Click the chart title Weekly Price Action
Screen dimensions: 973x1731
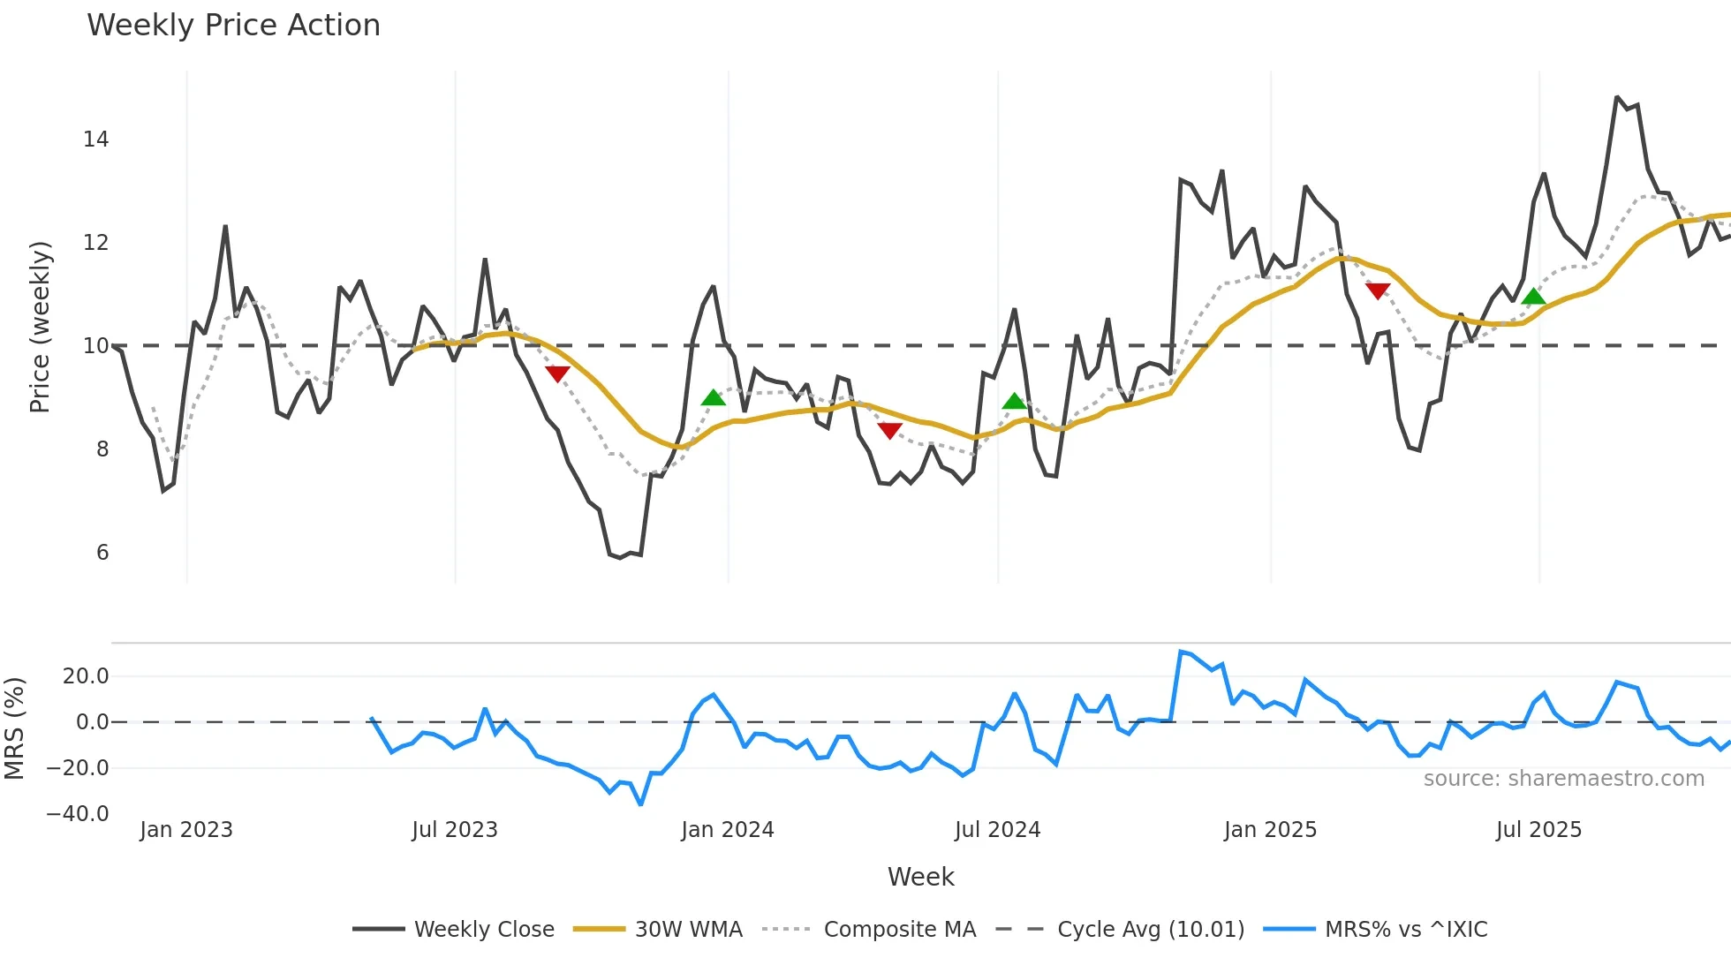pos(233,26)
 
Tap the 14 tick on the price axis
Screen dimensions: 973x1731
pos(96,140)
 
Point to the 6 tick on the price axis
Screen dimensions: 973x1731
pos(102,553)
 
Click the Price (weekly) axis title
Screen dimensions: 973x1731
pos(41,327)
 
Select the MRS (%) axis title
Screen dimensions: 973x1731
pos(15,728)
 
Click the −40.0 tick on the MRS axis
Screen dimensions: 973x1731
pos(78,814)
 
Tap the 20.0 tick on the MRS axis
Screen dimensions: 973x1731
pos(86,676)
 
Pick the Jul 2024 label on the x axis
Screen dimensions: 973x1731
pos(997,830)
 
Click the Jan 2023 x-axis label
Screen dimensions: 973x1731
pos(186,830)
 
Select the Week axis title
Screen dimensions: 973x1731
pos(920,877)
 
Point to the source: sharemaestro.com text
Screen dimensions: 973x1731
pos(1563,779)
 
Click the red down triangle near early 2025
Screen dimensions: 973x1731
pos(1377,290)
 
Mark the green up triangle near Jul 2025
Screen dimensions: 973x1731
pos(1534,296)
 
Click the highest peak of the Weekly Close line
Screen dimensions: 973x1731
pos(1617,97)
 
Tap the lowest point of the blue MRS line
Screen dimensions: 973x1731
pos(640,804)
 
